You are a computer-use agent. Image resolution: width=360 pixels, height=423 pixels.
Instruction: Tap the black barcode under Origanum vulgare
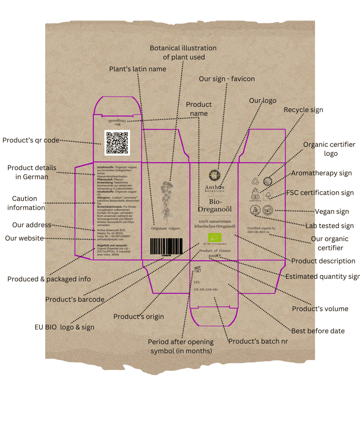click(166, 246)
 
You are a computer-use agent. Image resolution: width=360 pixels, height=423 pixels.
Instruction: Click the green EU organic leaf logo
click(214, 237)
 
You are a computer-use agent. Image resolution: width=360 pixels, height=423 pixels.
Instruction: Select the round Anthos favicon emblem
click(214, 176)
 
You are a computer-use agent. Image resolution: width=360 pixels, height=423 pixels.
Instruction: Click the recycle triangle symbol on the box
click(255, 181)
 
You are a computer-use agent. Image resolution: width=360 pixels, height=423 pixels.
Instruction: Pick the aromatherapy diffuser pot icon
click(255, 195)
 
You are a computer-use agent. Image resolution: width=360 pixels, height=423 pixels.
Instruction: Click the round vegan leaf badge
click(268, 210)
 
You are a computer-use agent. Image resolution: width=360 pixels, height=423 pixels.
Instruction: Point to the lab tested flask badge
click(255, 210)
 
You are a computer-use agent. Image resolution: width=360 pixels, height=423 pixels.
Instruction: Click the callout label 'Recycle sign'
click(303, 110)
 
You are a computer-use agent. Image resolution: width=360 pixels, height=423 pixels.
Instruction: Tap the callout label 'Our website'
click(24, 238)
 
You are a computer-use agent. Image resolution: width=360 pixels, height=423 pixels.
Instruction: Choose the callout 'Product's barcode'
click(75, 299)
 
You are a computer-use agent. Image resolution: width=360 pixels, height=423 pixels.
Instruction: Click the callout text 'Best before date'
click(318, 331)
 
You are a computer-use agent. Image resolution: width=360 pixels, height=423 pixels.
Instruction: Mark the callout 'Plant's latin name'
click(137, 69)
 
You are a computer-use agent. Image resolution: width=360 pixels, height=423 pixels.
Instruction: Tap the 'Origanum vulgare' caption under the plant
click(166, 228)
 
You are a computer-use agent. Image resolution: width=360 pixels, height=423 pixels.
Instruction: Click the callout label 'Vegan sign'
click(332, 211)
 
